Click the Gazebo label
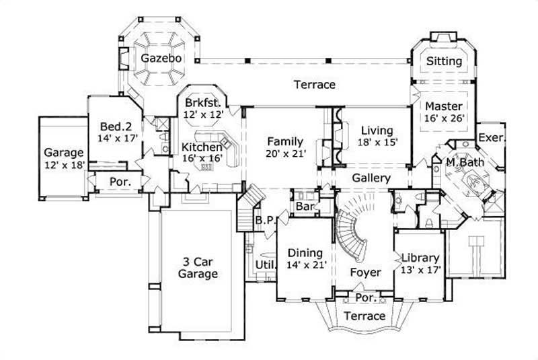[x=161, y=59]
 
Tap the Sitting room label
[x=445, y=61]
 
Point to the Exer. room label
[x=491, y=138]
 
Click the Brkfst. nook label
[x=202, y=104]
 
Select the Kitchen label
[x=202, y=147]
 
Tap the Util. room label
[x=262, y=266]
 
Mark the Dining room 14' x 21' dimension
[x=307, y=265]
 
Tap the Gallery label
[x=371, y=178]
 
